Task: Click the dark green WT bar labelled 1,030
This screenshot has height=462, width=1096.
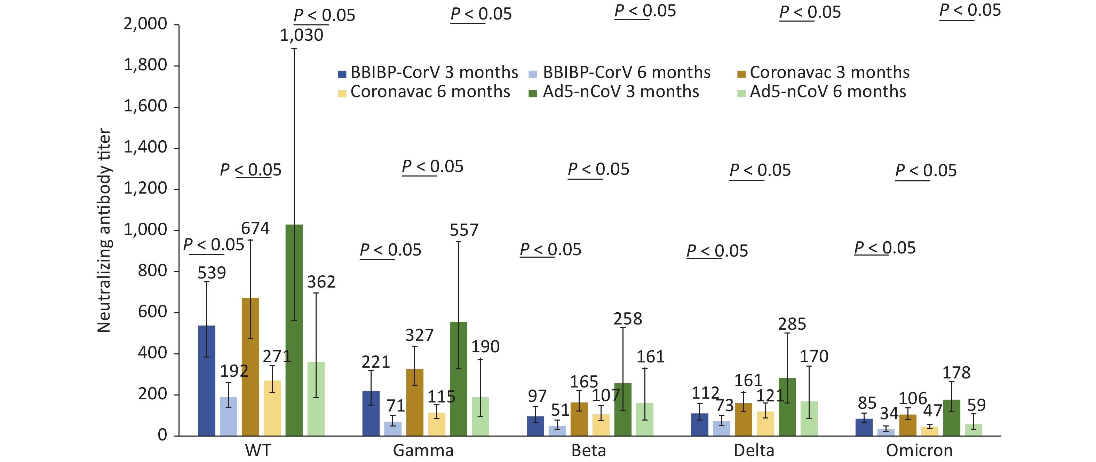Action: tap(294, 330)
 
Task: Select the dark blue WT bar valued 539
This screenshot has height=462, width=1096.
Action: tap(206, 380)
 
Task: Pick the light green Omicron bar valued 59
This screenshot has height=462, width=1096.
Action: tap(974, 430)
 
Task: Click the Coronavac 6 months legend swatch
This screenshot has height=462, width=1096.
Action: tap(342, 93)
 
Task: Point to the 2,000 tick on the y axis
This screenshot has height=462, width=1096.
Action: tap(145, 24)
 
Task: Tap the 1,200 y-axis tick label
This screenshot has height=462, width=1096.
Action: tap(145, 188)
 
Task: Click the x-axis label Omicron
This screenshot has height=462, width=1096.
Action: tap(919, 451)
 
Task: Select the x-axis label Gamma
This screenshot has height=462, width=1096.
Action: tap(423, 451)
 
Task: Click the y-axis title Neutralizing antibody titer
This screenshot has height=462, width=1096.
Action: tap(104, 230)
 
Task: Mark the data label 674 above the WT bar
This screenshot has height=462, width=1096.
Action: tap(255, 229)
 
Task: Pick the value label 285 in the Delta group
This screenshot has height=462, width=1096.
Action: tap(792, 324)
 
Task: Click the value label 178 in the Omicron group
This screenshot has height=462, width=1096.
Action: tap(956, 373)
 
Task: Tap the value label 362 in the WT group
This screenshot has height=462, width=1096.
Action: tap(321, 282)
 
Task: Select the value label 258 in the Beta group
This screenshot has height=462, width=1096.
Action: tap(628, 319)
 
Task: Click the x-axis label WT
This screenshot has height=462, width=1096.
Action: tap(258, 451)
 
